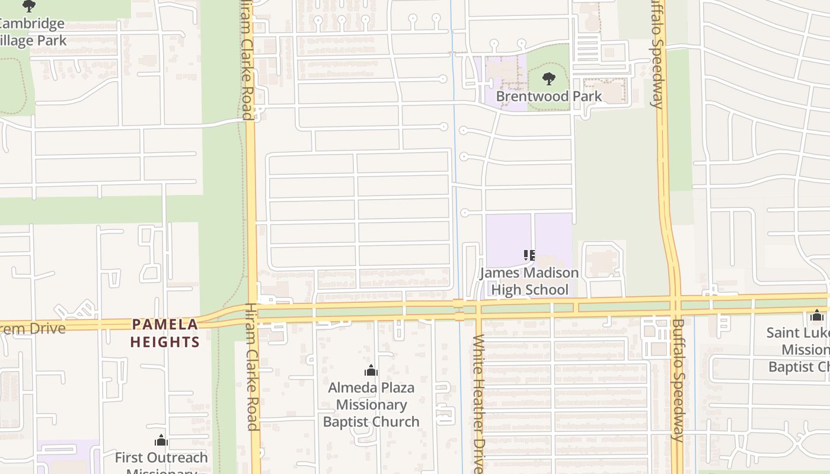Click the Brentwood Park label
point(548,96)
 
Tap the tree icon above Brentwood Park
point(549,78)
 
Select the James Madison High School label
point(529,281)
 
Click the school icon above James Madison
point(529,255)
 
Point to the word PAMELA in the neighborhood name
point(165,324)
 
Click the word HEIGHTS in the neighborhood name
point(165,342)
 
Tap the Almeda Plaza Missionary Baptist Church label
point(371,405)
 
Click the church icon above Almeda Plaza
point(371,371)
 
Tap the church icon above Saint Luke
point(817,316)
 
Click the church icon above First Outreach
point(161,441)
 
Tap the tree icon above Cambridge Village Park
point(28,7)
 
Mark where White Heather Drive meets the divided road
point(477,309)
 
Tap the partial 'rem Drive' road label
point(33,328)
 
